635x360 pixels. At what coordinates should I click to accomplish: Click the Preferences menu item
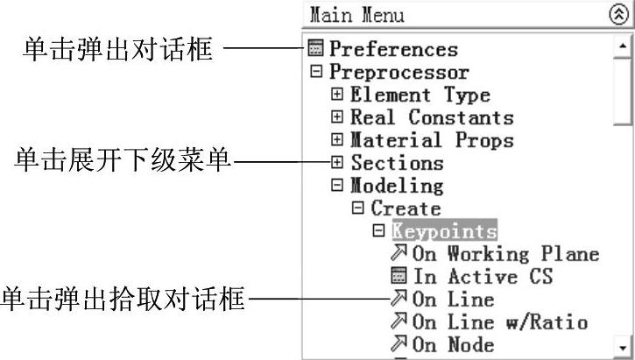393,50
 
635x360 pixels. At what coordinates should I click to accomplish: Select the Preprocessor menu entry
399,73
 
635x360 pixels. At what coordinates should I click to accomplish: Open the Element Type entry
420,95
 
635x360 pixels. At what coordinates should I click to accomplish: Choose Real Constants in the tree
432,117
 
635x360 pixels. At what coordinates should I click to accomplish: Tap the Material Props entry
432,140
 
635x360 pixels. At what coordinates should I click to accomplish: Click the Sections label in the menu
397,163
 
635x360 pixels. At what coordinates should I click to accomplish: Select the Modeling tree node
397,186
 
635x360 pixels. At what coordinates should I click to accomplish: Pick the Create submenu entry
406,208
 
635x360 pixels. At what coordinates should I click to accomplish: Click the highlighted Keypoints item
444,231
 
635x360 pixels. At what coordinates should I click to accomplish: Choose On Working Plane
505,254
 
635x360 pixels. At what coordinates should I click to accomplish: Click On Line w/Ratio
499,322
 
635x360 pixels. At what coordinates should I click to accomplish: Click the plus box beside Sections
337,163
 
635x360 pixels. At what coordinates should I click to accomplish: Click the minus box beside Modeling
337,186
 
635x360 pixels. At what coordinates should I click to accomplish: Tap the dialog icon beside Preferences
316,49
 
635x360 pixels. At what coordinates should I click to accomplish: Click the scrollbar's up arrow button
624,44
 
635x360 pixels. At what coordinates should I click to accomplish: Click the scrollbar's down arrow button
624,346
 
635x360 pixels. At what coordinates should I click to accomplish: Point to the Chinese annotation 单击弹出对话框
116,49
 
